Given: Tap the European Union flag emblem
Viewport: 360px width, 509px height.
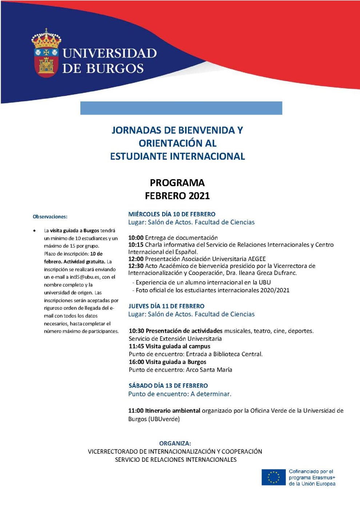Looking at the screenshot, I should [273, 477].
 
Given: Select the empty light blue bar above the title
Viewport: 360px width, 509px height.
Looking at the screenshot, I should [181, 108].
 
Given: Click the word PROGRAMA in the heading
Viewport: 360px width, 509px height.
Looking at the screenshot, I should [177, 183].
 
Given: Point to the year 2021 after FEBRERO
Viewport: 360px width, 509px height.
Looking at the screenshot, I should [198, 196].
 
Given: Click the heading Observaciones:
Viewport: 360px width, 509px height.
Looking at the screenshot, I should [50, 217].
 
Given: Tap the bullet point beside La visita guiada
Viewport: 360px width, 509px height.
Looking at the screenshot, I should [35, 231].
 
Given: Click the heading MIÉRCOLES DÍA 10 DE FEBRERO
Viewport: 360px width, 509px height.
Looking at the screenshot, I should [172, 214].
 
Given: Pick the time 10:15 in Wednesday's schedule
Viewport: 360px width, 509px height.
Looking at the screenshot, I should [136, 245].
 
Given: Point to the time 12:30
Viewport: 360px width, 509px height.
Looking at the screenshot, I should [136, 266].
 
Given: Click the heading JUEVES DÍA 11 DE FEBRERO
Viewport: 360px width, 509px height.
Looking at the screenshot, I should [166, 306].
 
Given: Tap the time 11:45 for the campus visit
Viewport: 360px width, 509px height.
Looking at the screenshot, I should [136, 346].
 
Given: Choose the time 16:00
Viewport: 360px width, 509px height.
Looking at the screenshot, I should [136, 362].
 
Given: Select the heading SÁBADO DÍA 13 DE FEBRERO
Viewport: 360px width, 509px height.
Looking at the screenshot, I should [168, 385].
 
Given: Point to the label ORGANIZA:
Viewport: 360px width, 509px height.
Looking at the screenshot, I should [175, 443].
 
